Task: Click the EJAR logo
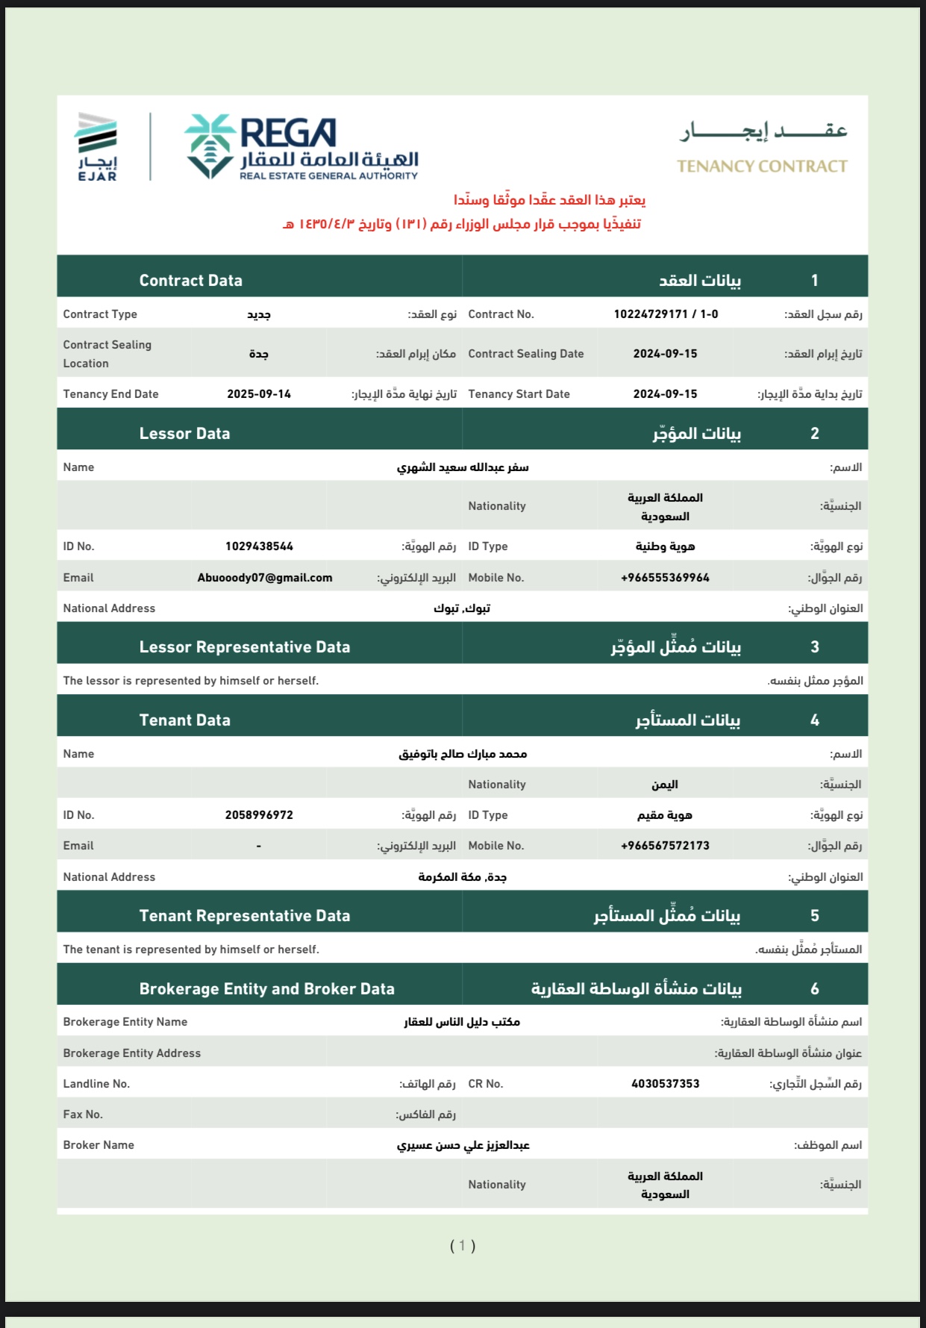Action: point(97,147)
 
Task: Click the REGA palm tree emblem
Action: point(210,146)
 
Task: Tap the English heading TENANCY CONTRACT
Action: point(762,166)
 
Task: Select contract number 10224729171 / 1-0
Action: point(666,314)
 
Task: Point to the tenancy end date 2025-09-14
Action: point(259,394)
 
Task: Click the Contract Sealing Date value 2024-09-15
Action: point(665,354)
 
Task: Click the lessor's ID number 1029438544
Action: point(259,546)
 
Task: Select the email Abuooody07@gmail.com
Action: point(265,578)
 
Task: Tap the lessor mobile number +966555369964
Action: point(665,578)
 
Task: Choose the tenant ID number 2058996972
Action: point(259,815)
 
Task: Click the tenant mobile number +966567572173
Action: point(665,846)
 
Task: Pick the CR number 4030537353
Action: point(665,1084)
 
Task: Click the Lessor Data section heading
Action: point(184,434)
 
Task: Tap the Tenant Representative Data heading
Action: point(245,916)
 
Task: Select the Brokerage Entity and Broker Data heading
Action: point(266,989)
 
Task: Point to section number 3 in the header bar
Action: point(815,647)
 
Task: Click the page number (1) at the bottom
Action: point(463,1245)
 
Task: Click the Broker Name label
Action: point(98,1145)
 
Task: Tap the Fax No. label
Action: point(83,1115)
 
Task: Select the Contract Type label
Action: point(100,314)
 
